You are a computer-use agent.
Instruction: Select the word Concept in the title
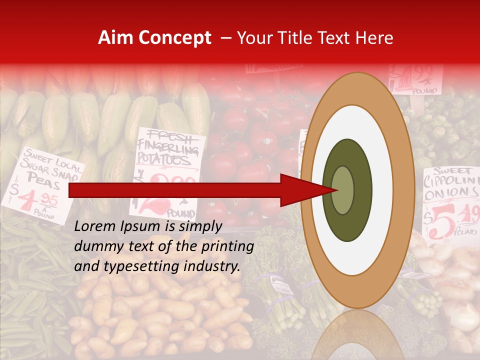point(174,38)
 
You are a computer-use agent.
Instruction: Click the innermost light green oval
point(342,190)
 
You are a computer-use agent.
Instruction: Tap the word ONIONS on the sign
point(450,193)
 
